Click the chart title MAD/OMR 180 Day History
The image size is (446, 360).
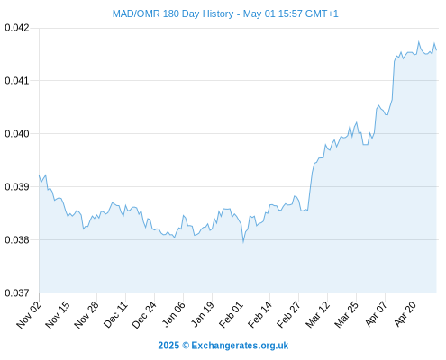pyautogui.click(x=173, y=13)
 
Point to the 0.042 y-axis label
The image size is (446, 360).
pyautogui.click(x=17, y=28)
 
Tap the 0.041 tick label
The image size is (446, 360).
pyautogui.click(x=17, y=81)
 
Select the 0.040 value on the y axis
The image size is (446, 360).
pyautogui.click(x=17, y=133)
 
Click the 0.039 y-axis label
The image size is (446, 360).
pyautogui.click(x=17, y=186)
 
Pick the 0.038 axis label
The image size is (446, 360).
pyautogui.click(x=17, y=239)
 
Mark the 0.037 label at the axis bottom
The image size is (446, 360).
pyautogui.click(x=17, y=292)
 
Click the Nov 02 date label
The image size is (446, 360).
pyautogui.click(x=29, y=314)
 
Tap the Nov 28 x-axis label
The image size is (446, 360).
pyautogui.click(x=86, y=314)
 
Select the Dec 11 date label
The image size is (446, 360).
pyautogui.click(x=115, y=314)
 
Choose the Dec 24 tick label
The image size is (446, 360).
pyautogui.click(x=144, y=314)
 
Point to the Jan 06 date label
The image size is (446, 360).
pyautogui.click(x=173, y=314)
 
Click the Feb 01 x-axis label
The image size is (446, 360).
pyautogui.click(x=231, y=314)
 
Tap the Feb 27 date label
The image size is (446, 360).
pyautogui.click(x=288, y=314)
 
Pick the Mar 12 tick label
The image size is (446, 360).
pyautogui.click(x=317, y=314)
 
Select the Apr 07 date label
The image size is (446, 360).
pyautogui.click(x=375, y=314)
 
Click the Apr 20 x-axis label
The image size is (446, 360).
pyautogui.click(x=405, y=314)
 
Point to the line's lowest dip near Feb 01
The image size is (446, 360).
pyautogui.click(x=243, y=242)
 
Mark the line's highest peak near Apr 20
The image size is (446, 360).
pyautogui.click(x=419, y=42)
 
